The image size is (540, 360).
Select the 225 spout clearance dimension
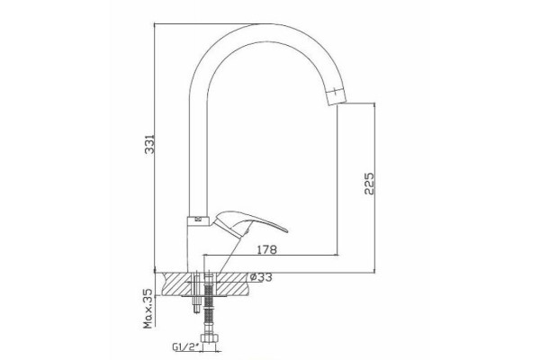368,183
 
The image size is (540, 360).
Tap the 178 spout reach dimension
267,249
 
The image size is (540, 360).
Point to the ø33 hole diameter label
260,276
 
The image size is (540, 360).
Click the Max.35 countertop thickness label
148,309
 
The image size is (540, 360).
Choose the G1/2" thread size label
186,346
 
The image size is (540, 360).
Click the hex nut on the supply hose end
210,337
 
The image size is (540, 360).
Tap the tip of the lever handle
286,230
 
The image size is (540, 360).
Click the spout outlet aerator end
336,95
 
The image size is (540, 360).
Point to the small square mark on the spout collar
198,219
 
